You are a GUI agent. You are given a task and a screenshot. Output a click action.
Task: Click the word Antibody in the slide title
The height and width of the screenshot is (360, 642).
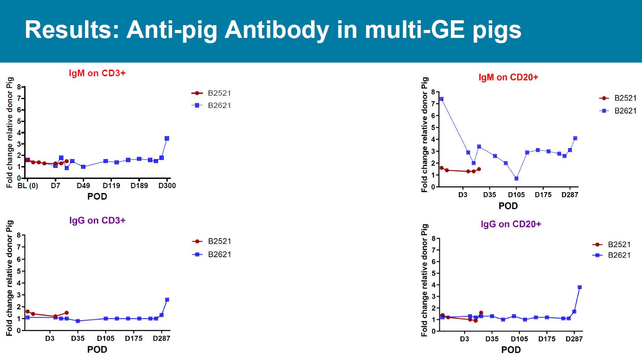(x=277, y=30)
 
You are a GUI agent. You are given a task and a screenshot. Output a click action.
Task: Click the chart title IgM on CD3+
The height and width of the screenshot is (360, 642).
(x=97, y=73)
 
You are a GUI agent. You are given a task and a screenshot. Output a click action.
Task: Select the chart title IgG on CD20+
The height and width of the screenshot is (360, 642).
(x=511, y=224)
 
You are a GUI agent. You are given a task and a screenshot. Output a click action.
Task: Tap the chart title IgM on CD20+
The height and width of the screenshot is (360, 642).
(x=508, y=77)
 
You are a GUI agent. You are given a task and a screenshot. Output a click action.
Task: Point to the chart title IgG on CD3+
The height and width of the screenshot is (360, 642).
(x=97, y=220)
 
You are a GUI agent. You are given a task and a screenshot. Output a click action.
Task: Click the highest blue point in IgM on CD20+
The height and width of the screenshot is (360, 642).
(x=441, y=99)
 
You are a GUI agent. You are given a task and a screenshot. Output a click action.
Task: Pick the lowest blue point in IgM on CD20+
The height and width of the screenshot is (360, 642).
(x=516, y=178)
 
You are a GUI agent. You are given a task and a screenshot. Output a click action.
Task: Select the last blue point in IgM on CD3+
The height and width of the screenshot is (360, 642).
(x=167, y=138)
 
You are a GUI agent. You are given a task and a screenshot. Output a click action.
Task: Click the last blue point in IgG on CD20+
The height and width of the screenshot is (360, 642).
(x=579, y=287)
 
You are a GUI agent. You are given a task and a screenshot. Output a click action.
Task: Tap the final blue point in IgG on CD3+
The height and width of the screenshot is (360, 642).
(x=167, y=300)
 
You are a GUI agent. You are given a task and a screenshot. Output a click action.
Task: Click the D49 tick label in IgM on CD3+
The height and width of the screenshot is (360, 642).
(x=83, y=186)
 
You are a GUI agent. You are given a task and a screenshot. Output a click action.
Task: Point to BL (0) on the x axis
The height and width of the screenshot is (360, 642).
(x=28, y=186)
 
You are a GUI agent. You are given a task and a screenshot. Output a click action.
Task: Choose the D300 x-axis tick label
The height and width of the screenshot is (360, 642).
(x=167, y=186)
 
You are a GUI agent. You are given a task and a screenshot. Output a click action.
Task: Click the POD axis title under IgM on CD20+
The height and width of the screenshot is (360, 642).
(x=508, y=206)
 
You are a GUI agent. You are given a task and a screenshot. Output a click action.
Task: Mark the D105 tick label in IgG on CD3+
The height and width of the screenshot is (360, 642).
(x=106, y=338)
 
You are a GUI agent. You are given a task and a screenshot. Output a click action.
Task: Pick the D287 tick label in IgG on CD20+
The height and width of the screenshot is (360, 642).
(x=574, y=339)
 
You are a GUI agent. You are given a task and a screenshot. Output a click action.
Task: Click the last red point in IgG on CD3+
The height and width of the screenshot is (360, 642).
(x=66, y=313)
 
